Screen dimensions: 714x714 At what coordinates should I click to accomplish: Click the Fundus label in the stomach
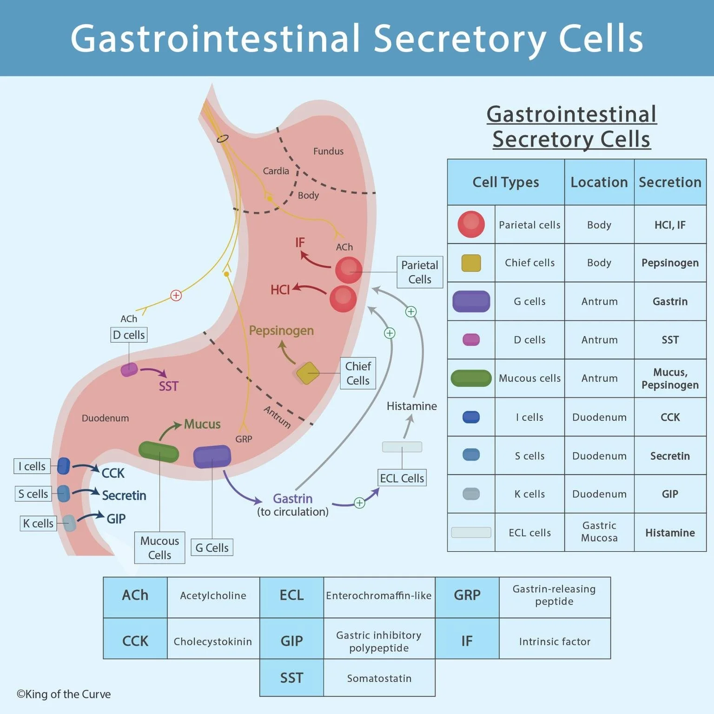click(x=328, y=151)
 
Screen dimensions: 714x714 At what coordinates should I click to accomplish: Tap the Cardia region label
click(x=276, y=171)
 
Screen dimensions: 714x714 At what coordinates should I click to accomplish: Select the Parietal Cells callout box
click(x=419, y=272)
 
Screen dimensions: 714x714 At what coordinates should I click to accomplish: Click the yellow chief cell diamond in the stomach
click(x=307, y=373)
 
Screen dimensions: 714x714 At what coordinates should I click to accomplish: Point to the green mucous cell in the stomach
click(x=159, y=451)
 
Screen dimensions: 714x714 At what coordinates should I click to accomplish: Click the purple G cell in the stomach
click(x=212, y=456)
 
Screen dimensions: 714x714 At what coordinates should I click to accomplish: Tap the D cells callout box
click(x=129, y=335)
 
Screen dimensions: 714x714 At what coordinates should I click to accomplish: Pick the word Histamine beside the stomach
click(x=411, y=406)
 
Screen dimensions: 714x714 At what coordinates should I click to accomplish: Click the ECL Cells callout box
click(x=402, y=478)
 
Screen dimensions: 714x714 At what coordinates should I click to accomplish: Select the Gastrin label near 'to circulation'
click(x=292, y=498)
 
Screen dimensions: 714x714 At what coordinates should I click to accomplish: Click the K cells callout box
click(x=38, y=523)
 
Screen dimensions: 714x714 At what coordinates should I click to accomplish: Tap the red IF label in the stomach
click(x=300, y=242)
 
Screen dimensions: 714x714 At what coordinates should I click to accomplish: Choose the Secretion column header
click(x=670, y=182)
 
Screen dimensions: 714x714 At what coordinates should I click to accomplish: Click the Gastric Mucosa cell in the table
click(x=599, y=532)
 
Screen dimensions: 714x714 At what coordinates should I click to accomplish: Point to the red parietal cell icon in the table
click(x=471, y=225)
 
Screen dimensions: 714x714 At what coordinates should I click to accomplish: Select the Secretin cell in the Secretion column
click(x=670, y=456)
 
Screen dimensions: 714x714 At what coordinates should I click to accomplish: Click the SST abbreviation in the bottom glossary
click(x=291, y=678)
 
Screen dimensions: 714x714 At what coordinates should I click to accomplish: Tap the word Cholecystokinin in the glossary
click(x=212, y=641)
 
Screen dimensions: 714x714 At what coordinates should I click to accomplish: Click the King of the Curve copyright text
click(x=64, y=694)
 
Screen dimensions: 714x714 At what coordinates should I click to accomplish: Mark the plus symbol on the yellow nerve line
click(x=176, y=295)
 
